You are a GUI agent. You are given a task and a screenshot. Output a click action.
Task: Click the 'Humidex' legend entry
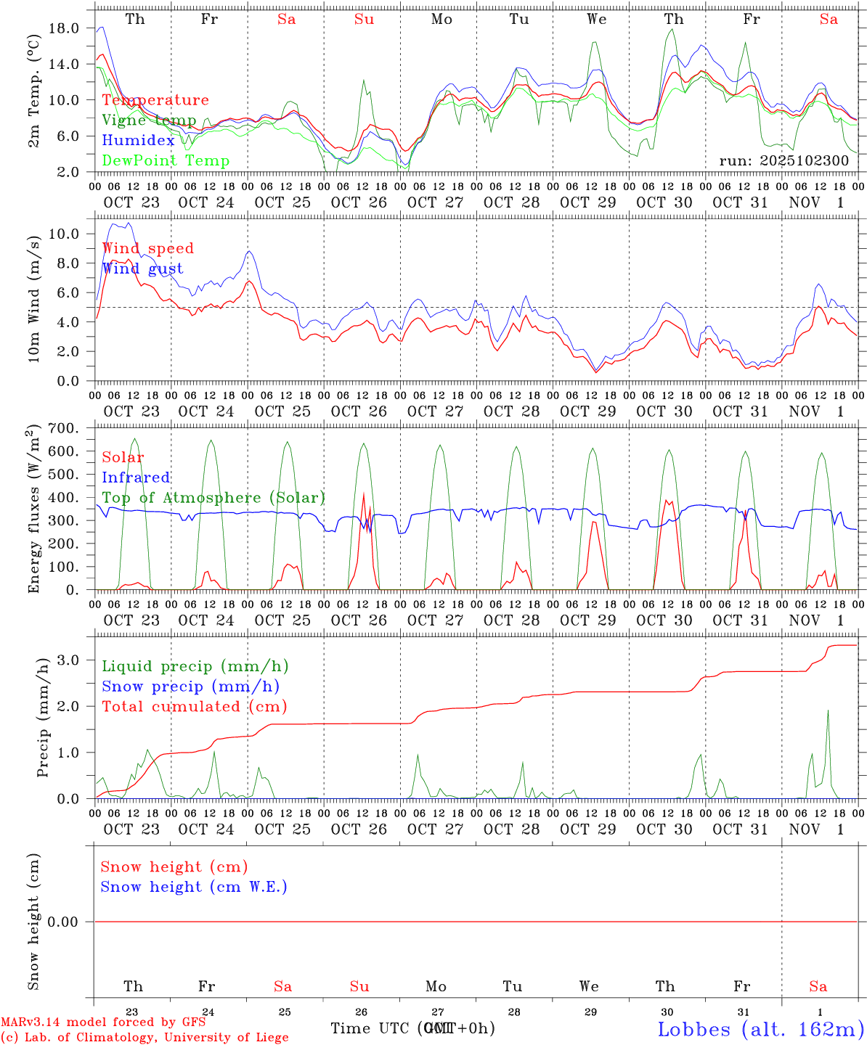pos(138,141)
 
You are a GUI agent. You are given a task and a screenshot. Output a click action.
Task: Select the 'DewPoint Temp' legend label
pos(166,161)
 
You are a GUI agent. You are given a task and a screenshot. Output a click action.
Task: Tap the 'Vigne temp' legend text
pos(149,120)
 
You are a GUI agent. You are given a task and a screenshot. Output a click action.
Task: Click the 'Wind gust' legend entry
pos(142,269)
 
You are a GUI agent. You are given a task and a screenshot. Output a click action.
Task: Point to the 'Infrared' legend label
pos(136,478)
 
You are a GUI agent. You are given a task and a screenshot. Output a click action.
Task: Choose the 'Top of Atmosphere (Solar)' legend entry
pos(213,498)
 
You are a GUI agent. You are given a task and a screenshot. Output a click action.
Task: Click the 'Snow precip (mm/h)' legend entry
pos(190,687)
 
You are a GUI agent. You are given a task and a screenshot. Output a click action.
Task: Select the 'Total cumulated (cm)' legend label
pos(194,707)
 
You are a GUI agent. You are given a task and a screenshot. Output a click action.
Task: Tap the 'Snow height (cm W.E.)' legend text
pos(193,887)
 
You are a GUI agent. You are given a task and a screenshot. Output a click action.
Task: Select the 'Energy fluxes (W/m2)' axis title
pos(33,511)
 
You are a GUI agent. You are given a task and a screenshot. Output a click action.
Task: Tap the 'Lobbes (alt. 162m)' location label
pos(760,1029)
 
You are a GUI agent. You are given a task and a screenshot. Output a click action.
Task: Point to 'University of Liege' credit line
pos(144,1038)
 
